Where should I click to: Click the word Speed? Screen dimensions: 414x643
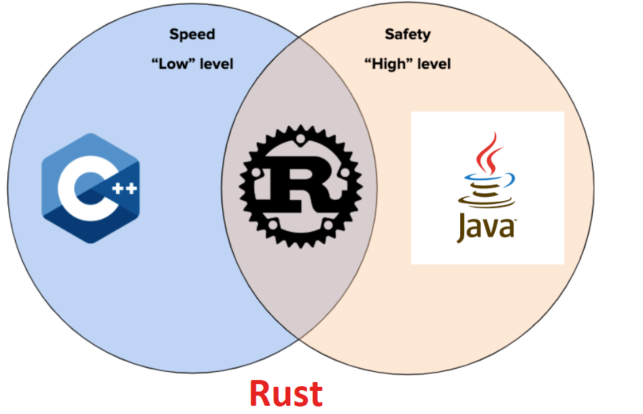(192, 34)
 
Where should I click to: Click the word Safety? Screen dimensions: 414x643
(408, 34)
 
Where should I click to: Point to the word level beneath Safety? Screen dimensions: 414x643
(431, 65)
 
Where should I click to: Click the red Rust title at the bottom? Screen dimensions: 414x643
(285, 394)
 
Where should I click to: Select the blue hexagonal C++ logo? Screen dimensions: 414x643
(90, 188)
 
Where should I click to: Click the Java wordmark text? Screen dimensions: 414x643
(485, 227)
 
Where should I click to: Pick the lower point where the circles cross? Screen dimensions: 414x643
(300, 338)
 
